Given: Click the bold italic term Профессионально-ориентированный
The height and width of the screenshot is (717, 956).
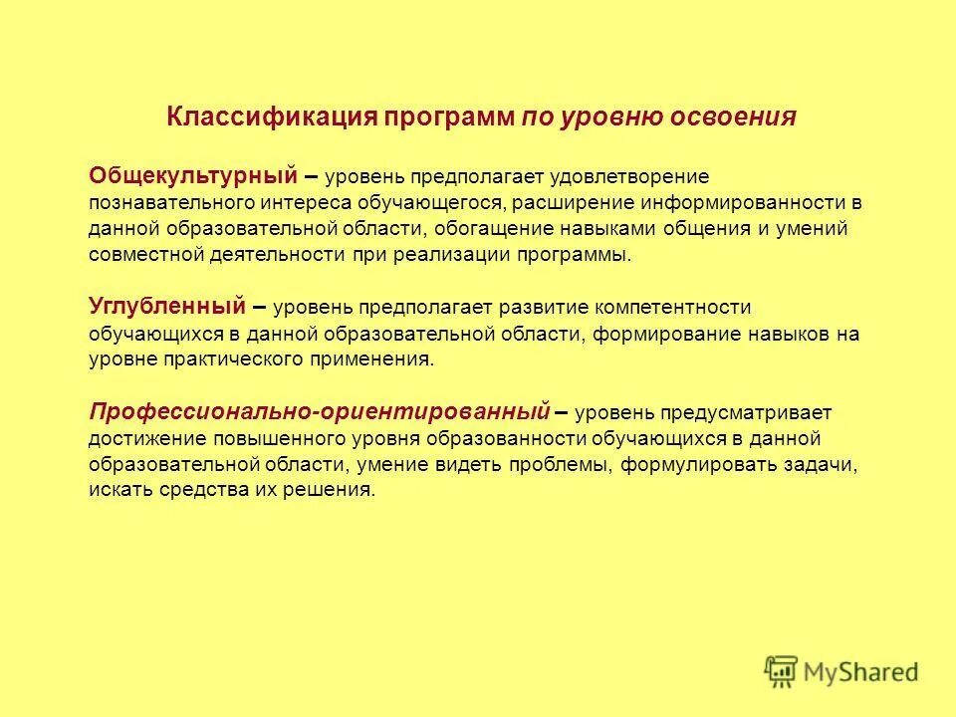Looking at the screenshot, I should click(x=320, y=409).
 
